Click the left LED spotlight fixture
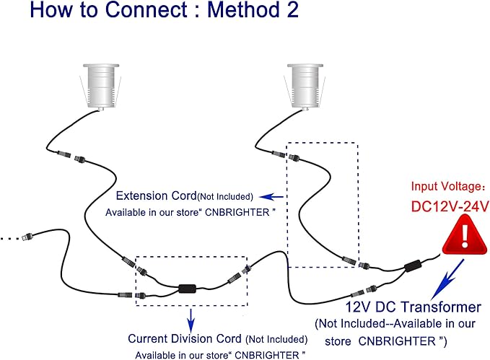click(101, 87)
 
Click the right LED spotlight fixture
click(305, 87)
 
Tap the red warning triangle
click(465, 234)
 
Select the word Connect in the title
click(146, 9)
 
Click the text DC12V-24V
click(450, 206)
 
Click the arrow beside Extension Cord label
click(271, 197)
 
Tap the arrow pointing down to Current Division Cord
click(191, 320)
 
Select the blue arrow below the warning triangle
click(447, 279)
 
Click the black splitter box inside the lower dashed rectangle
click(188, 289)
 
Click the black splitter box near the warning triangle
click(413, 266)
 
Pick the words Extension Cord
click(157, 196)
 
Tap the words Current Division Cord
click(185, 339)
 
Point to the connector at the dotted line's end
click(27, 237)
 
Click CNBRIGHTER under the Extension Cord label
click(237, 213)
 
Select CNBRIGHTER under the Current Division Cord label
click(267, 356)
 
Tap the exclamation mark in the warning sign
click(465, 236)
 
